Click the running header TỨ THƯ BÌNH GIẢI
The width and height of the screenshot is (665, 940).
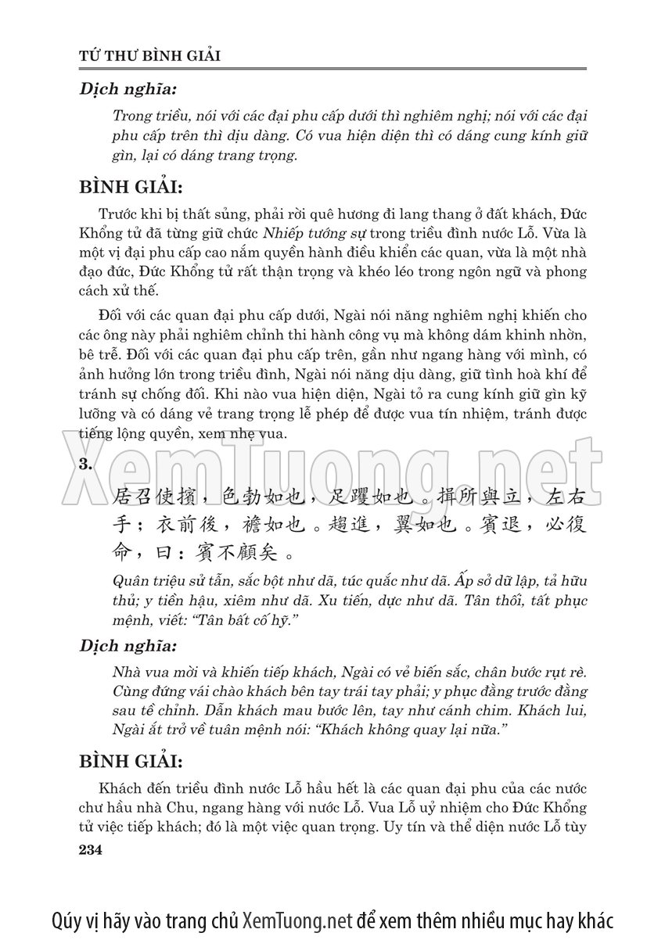(150, 56)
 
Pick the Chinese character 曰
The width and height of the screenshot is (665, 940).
(155, 553)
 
